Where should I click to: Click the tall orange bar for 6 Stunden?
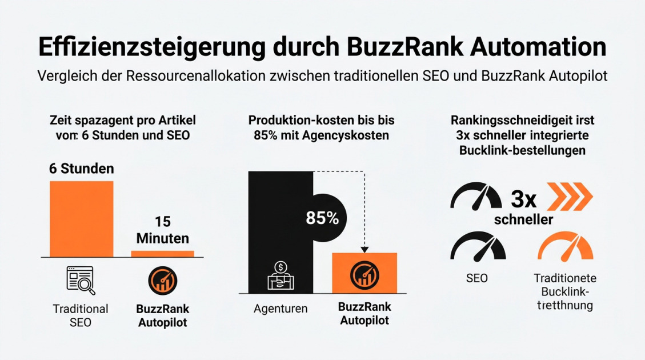81,218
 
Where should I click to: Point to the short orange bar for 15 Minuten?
162,253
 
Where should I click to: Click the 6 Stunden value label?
81,169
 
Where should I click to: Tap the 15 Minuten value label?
162,230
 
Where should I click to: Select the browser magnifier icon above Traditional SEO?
81,280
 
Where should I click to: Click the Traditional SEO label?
81,315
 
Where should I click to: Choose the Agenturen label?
281,309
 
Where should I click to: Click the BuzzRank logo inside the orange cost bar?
364,275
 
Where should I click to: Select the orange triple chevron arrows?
570,198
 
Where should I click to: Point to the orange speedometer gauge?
565,247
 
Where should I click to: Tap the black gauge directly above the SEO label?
478,247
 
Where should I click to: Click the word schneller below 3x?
523,220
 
